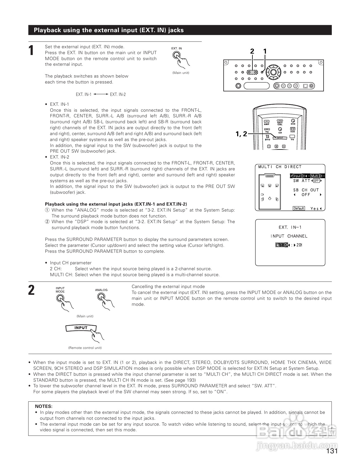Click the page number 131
tap(332, 451)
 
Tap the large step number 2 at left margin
tap(32, 290)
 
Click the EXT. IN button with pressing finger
tap(177, 56)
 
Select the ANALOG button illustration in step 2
tap(101, 297)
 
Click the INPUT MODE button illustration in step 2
tap(60, 298)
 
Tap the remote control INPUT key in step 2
tap(81, 328)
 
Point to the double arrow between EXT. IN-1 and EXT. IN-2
tap(101, 94)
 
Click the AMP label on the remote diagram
tap(267, 124)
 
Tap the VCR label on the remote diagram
tap(293, 131)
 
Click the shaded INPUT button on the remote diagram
tap(280, 138)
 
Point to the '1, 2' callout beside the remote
tap(241, 134)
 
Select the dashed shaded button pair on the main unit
tap(252, 72)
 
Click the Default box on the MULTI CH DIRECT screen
tap(299, 208)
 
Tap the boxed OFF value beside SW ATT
tap(316, 181)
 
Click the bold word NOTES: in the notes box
tap(43, 406)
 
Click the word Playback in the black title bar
tap(47, 30)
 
